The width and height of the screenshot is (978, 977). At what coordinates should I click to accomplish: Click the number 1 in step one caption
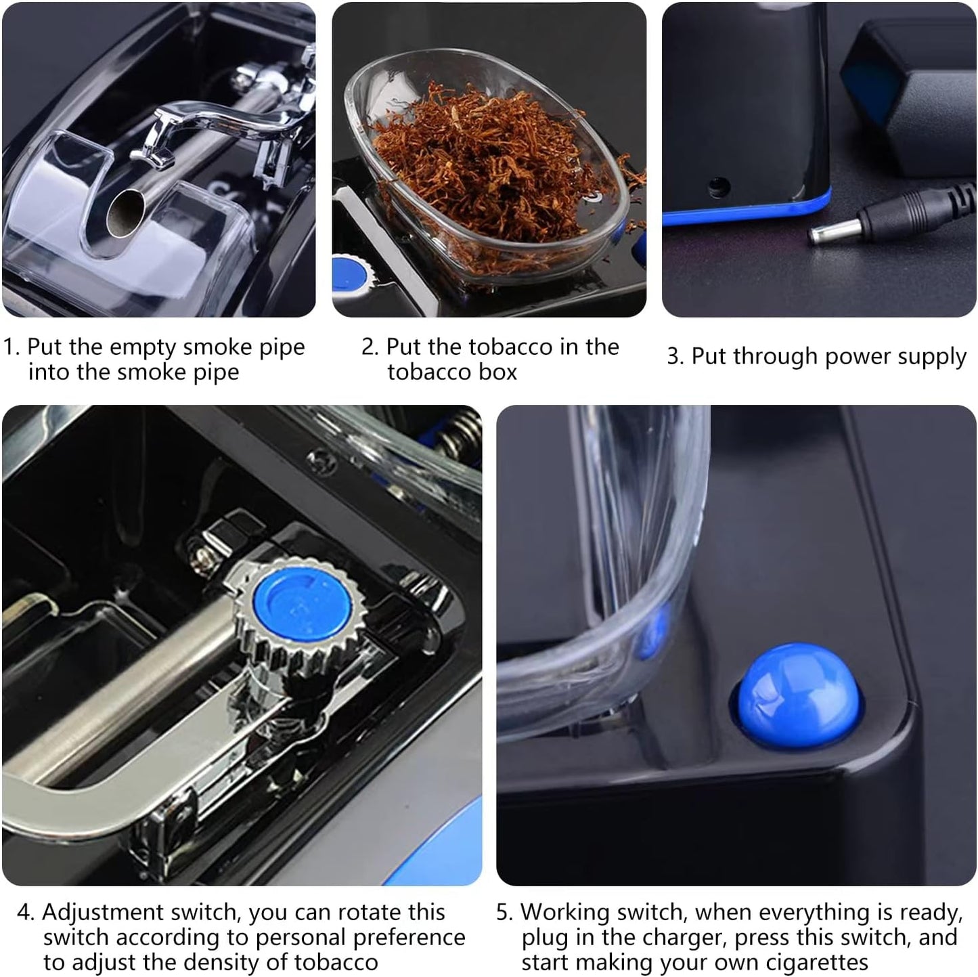coord(9,347)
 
